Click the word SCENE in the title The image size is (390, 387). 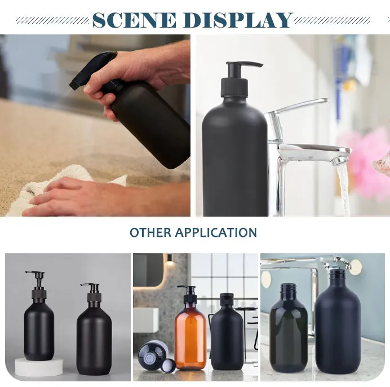click(134, 20)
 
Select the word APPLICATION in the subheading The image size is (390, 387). click(216, 232)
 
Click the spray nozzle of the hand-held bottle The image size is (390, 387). click(92, 71)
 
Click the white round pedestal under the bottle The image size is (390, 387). click(39, 367)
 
